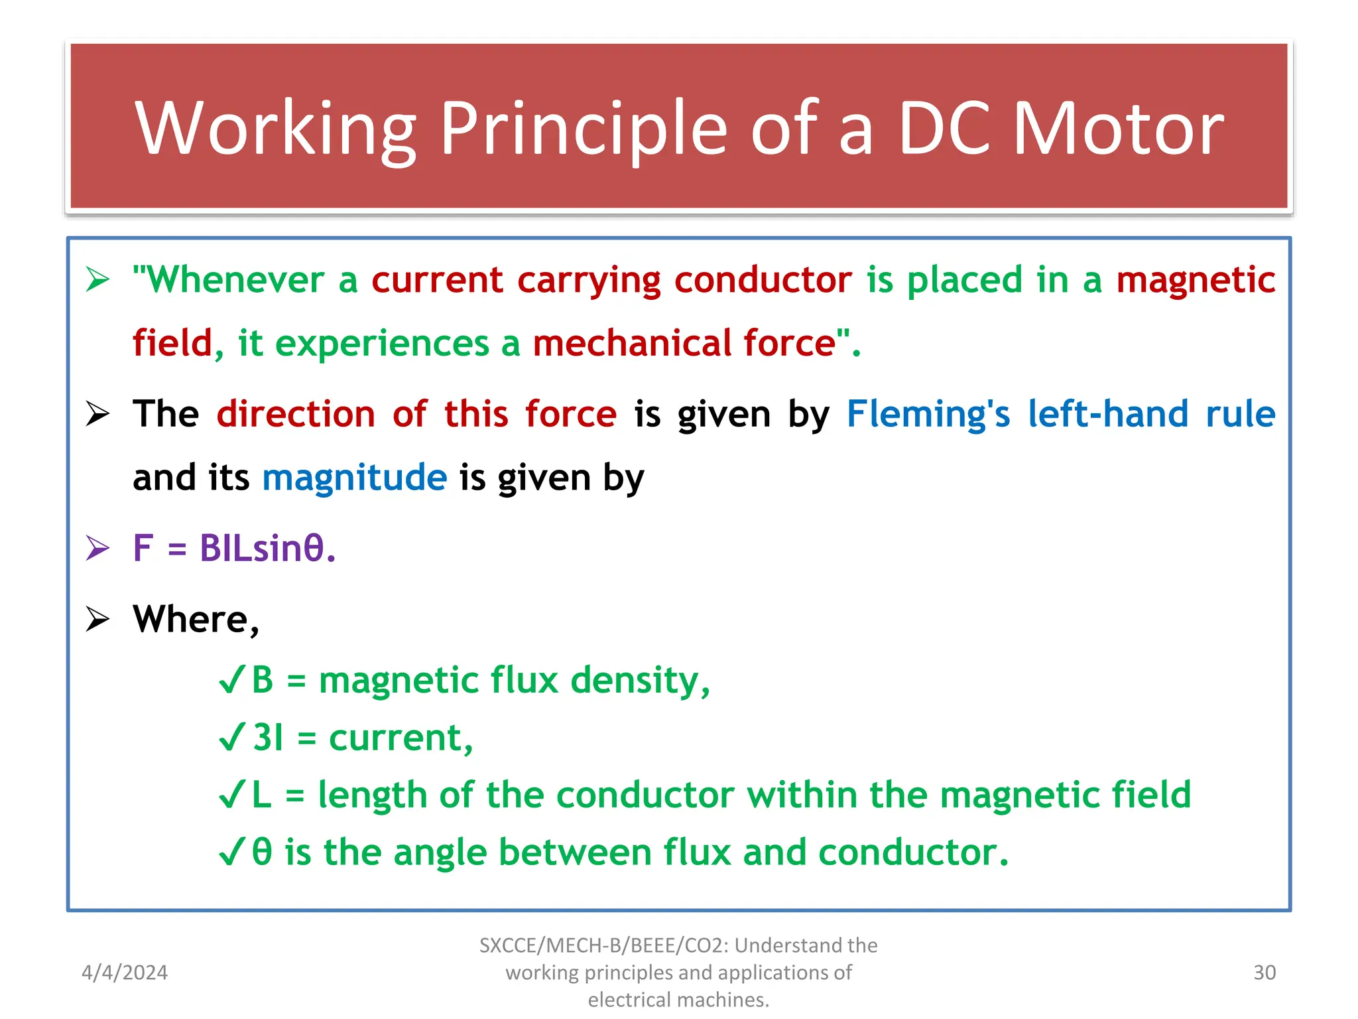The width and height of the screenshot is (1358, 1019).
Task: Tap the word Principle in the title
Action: (584, 128)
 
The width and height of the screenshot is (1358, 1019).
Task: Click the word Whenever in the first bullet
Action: (235, 280)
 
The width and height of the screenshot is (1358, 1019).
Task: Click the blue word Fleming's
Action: (928, 414)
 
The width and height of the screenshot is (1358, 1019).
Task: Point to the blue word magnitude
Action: (355, 478)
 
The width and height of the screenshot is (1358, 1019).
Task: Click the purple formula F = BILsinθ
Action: (234, 549)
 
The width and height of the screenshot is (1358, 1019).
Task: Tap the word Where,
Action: (196, 620)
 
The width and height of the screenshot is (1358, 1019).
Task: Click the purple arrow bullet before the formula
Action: (97, 549)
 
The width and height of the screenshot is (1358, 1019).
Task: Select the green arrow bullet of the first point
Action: (97, 280)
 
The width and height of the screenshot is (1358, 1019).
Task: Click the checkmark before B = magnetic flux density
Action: (232, 681)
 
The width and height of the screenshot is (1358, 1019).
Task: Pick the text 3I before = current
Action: (269, 738)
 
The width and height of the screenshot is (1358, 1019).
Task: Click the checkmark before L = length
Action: (232, 795)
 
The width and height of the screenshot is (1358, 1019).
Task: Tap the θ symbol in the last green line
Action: (263, 852)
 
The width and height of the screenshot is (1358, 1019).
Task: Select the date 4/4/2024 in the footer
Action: (125, 973)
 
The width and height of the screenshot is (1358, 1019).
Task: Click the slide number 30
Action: (1265, 973)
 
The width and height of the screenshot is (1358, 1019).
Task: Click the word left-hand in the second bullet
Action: (1108, 414)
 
